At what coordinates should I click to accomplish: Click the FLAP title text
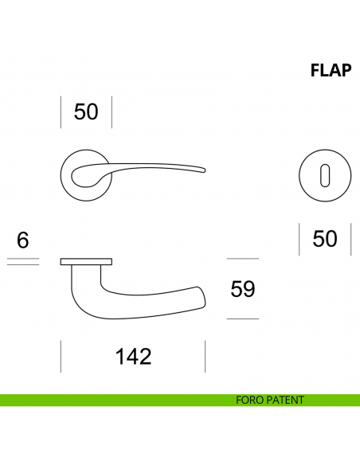(x=331, y=71)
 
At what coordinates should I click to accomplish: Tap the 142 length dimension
(x=133, y=356)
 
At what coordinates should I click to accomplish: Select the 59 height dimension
(x=242, y=289)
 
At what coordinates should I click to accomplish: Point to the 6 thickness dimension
(x=22, y=240)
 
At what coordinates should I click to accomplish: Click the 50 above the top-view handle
(x=86, y=111)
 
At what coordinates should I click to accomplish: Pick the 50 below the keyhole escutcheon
(x=325, y=239)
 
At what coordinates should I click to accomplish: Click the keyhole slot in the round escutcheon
(x=325, y=173)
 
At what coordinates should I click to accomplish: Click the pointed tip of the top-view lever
(x=204, y=168)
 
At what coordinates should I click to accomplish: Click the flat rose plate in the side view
(x=86, y=261)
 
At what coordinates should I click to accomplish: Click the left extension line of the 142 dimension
(x=61, y=356)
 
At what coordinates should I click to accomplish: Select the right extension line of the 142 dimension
(x=205, y=356)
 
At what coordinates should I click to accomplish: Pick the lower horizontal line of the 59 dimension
(x=243, y=318)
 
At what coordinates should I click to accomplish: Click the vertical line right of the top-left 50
(x=112, y=112)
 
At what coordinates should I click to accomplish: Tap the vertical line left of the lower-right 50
(x=299, y=240)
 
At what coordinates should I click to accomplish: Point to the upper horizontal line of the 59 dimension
(x=243, y=259)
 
